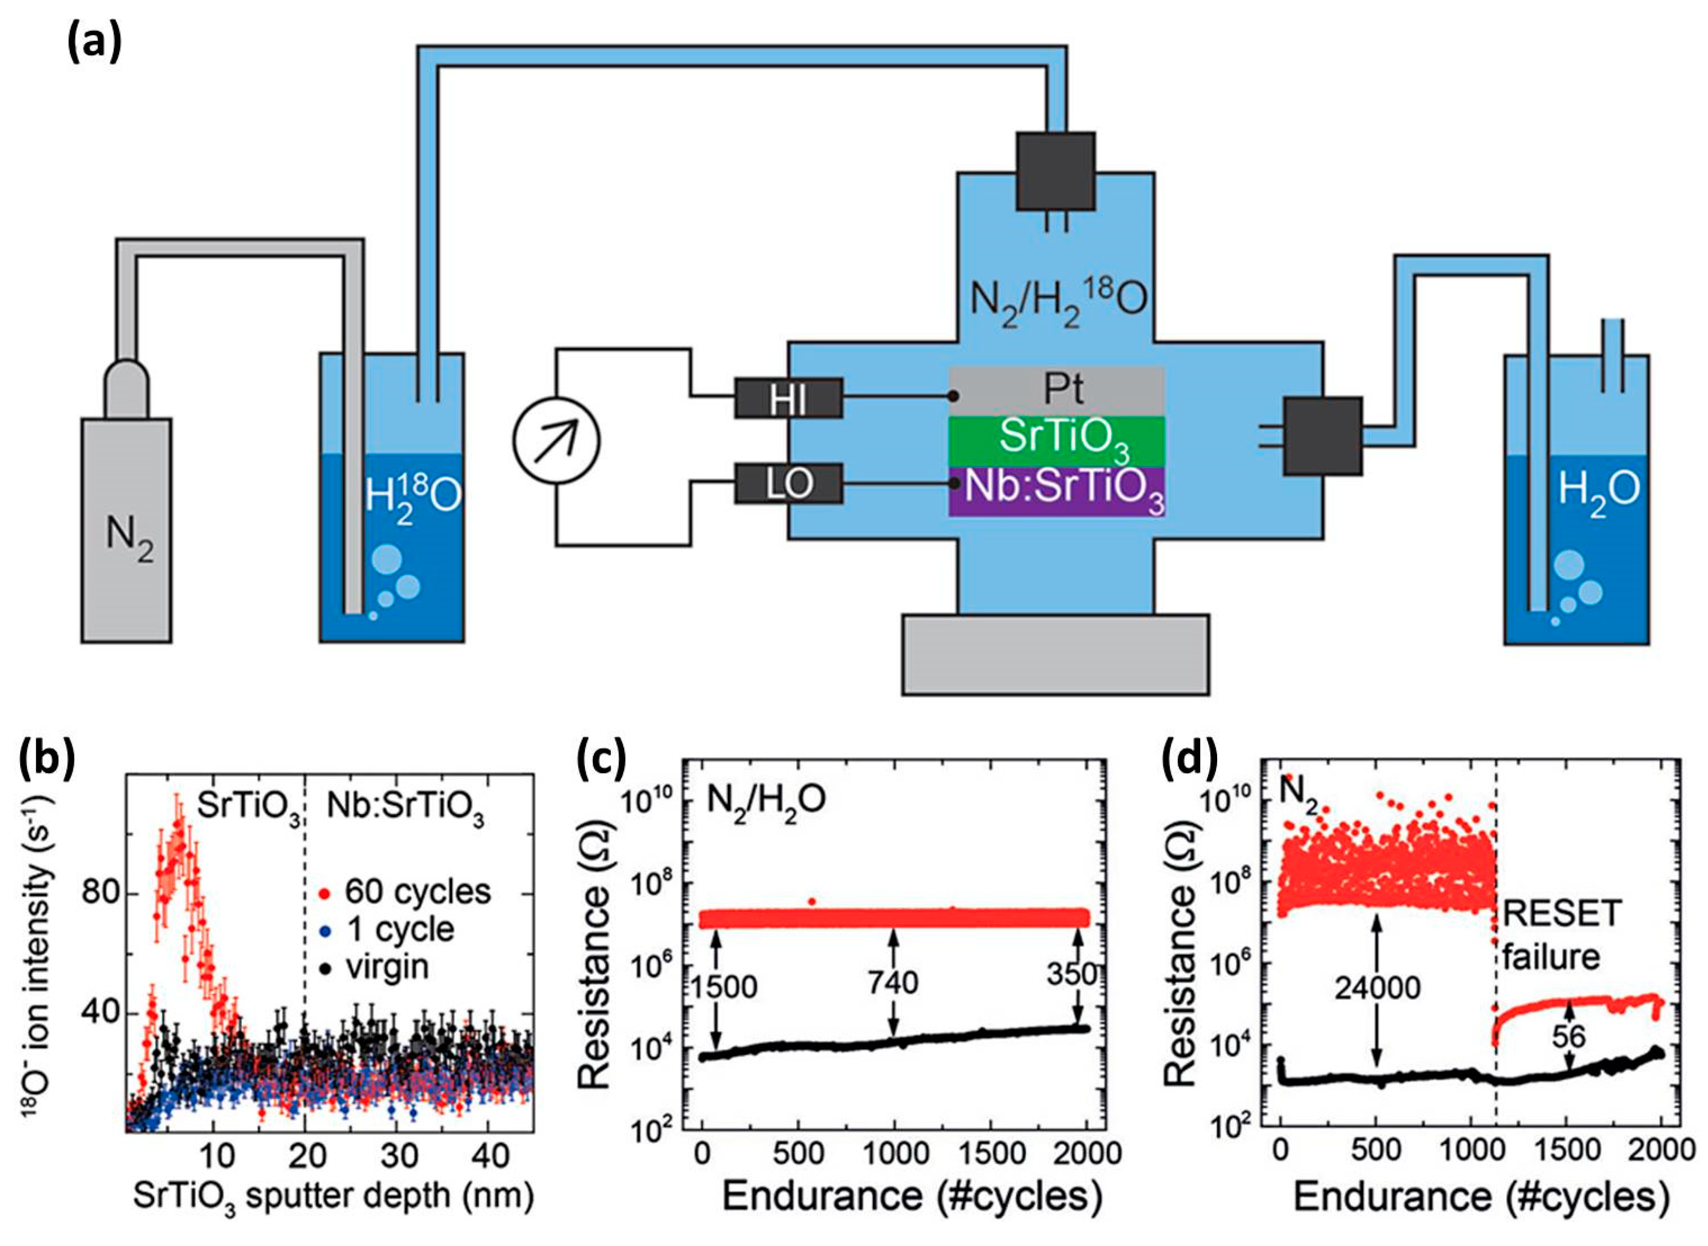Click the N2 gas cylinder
click(x=126, y=528)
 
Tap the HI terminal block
click(x=788, y=398)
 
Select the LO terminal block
click(x=788, y=483)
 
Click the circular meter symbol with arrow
click(x=556, y=442)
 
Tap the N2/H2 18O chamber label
click(x=1058, y=300)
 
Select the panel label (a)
click(x=92, y=44)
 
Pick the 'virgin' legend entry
click(x=386, y=967)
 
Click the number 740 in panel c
click(x=893, y=983)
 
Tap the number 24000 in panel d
click(x=1376, y=988)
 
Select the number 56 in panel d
click(x=1569, y=1037)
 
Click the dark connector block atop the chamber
click(x=1055, y=171)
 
